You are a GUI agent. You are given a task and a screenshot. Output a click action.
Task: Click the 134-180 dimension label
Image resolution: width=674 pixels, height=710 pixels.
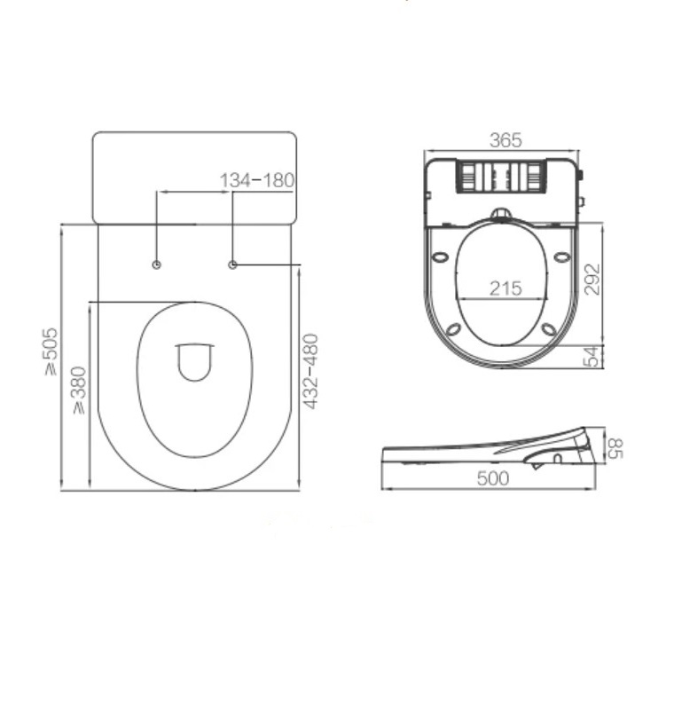pyautogui.click(x=256, y=180)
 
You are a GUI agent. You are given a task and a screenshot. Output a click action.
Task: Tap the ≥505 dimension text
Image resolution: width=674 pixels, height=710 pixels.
pyautogui.click(x=51, y=351)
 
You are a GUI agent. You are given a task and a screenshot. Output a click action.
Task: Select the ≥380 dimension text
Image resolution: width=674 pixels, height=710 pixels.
pyautogui.click(x=78, y=390)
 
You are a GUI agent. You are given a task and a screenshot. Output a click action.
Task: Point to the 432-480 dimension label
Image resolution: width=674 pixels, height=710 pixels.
pyautogui.click(x=310, y=371)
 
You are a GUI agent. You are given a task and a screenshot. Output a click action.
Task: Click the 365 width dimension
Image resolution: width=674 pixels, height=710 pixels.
pyautogui.click(x=505, y=140)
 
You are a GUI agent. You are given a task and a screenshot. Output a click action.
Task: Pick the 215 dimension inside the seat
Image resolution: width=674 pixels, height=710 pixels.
pyautogui.click(x=505, y=288)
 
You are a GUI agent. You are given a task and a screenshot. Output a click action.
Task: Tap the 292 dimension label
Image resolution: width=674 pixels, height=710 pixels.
pyautogui.click(x=592, y=279)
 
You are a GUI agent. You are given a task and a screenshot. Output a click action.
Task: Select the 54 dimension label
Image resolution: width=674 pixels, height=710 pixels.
pyautogui.click(x=592, y=357)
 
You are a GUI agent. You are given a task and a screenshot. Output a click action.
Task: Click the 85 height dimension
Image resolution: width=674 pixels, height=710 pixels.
pyautogui.click(x=615, y=448)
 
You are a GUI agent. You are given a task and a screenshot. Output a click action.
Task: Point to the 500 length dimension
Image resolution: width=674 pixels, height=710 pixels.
pyautogui.click(x=492, y=478)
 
